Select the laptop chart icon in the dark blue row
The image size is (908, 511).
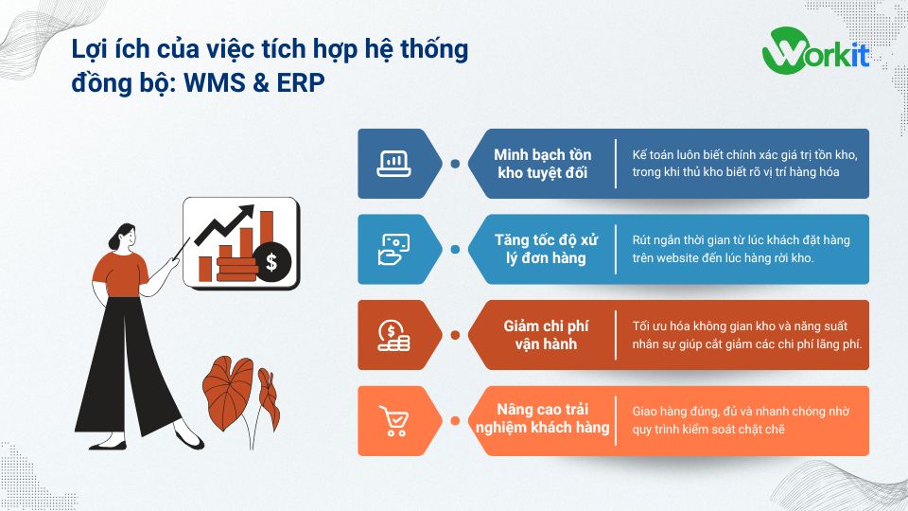point(393,163)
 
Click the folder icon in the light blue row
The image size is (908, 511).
point(393,249)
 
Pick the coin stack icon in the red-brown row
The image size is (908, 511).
point(393,334)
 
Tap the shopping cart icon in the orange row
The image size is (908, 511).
point(393,420)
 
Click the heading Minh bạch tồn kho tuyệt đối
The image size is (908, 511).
point(543,164)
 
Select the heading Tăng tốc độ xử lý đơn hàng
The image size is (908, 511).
point(543,249)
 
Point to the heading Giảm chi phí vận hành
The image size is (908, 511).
point(543,335)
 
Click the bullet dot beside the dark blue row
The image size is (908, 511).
point(455,164)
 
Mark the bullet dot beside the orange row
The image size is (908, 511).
point(455,420)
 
